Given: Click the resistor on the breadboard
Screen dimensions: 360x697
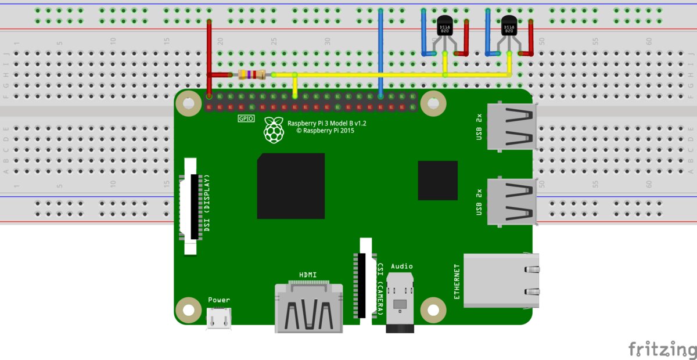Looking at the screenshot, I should tap(252, 74).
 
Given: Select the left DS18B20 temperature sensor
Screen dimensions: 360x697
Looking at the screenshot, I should tap(445, 28).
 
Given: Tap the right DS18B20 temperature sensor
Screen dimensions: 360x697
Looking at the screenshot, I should tap(509, 28).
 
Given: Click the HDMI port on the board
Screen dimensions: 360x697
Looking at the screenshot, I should tap(308, 308).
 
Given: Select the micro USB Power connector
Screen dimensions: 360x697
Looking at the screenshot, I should tap(219, 318).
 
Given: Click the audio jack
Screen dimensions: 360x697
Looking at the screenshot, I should tap(400, 302).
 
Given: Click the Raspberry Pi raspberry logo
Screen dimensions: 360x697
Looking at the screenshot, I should tap(274, 130).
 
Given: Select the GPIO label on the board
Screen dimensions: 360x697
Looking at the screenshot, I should tap(246, 119).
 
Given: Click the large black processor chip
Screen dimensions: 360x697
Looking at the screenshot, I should tap(290, 186).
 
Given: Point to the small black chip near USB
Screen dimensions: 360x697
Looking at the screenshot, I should tap(437, 181).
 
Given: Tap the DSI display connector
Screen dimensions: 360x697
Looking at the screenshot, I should tap(192, 206).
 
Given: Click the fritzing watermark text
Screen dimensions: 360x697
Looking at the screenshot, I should tap(662, 349).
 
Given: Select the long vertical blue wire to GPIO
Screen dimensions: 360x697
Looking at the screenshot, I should tap(380, 52).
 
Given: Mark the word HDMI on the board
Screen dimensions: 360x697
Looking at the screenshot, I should tap(308, 274).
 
